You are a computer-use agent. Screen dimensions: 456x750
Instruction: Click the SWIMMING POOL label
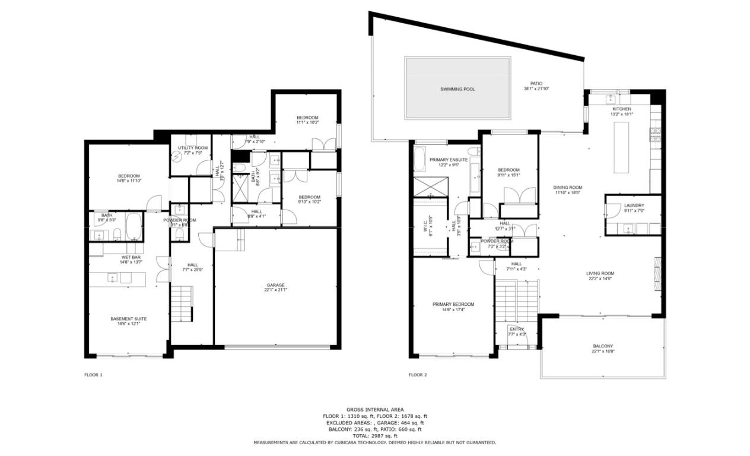(x=457, y=89)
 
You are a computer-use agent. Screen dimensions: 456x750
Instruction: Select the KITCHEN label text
(x=622, y=109)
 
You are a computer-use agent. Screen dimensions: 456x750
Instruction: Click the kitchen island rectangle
(x=621, y=147)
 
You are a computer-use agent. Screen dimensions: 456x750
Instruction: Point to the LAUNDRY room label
(x=634, y=205)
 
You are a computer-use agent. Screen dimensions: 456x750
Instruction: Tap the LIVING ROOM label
(x=600, y=274)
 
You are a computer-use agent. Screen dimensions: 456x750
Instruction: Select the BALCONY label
(x=603, y=346)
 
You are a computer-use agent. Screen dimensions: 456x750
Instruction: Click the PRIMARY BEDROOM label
(x=453, y=304)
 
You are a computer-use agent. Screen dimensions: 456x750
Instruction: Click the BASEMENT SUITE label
(x=128, y=319)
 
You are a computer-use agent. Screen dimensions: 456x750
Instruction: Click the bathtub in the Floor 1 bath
(x=134, y=226)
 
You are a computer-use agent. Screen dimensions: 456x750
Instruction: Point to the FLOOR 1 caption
(x=93, y=375)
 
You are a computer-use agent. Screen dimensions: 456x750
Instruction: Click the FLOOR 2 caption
(x=418, y=375)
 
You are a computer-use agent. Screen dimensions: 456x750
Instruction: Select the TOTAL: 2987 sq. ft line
(x=375, y=436)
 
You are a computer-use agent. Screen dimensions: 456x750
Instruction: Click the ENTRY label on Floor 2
(x=516, y=329)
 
